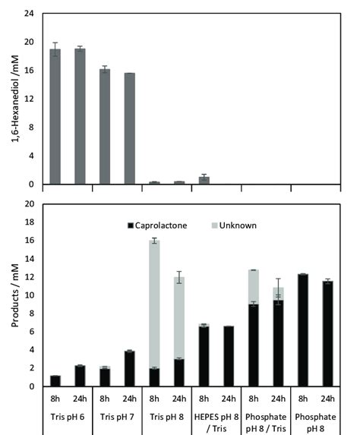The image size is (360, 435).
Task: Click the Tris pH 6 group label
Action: tap(67, 415)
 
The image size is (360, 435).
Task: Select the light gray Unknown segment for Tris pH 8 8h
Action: tap(153, 304)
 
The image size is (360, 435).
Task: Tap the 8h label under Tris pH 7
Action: tap(104, 396)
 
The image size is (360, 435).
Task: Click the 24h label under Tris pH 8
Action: tap(178, 396)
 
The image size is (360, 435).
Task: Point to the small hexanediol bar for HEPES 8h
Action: tap(204, 181)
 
